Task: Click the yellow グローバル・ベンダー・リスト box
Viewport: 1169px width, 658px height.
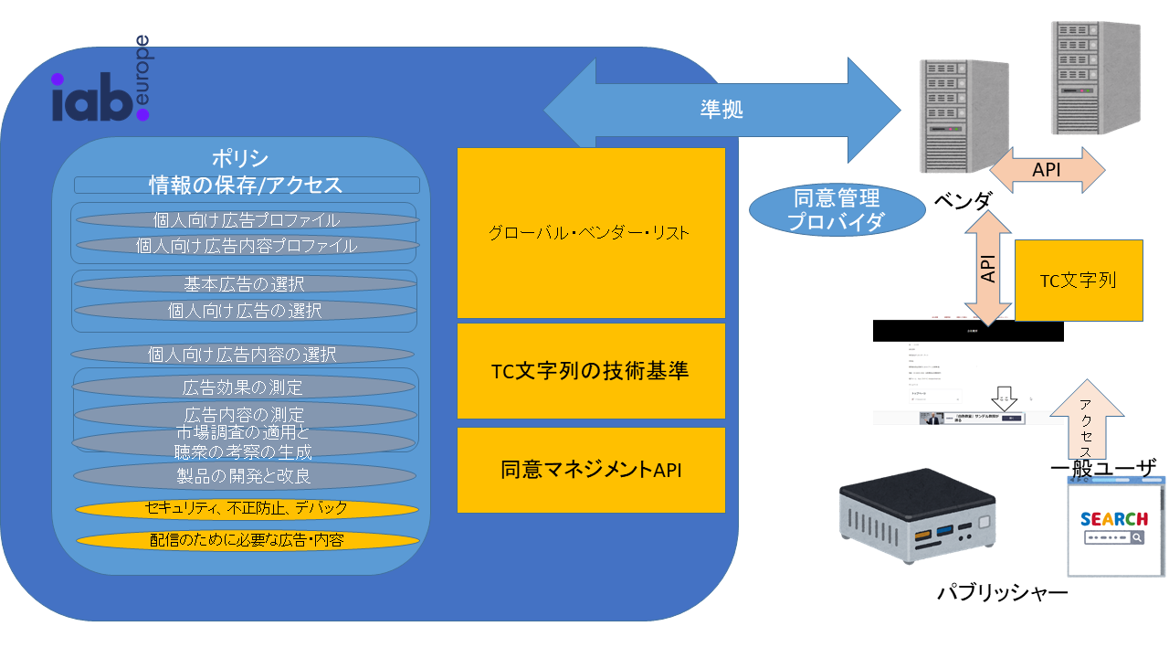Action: (591, 233)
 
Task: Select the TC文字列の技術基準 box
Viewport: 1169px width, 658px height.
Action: (591, 371)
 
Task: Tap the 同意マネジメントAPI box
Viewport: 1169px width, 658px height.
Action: (591, 470)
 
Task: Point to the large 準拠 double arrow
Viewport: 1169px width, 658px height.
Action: (721, 110)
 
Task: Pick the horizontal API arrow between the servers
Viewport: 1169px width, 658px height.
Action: (1047, 169)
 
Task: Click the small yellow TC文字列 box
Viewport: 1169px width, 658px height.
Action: (1079, 281)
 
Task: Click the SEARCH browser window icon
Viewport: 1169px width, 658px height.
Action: (1114, 530)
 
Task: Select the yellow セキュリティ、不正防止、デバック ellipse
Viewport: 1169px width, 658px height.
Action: (247, 509)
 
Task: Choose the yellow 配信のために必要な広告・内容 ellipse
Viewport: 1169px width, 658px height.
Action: (247, 540)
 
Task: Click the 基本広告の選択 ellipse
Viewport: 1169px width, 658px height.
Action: (245, 283)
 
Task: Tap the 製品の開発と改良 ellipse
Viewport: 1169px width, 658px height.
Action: (245, 476)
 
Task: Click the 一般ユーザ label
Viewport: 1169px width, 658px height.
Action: (1103, 469)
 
